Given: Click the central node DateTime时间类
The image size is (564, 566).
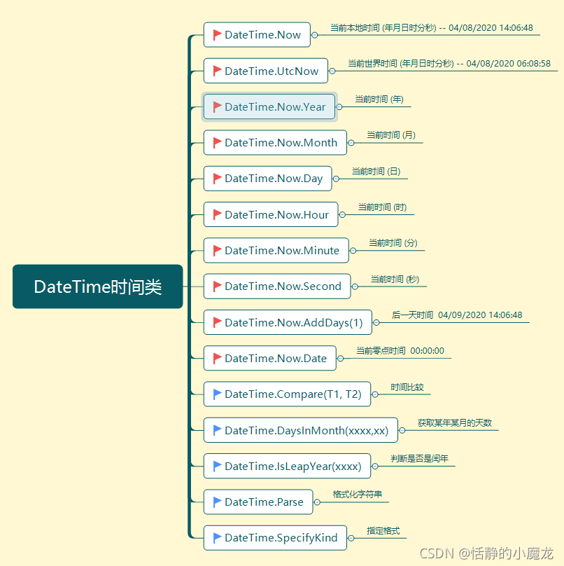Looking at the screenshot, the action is point(97,287).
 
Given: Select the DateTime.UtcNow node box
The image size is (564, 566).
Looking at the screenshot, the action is point(266,71).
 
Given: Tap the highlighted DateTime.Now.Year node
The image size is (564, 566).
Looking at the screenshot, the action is point(270,107).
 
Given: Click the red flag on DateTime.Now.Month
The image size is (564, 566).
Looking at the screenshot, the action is point(217,142).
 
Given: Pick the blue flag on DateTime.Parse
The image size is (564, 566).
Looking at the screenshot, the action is point(217,502).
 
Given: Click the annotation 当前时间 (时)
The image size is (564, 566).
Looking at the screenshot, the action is point(382,207).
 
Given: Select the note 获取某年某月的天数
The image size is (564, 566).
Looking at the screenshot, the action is point(455,422).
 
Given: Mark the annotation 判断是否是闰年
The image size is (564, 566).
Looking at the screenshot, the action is point(420,459).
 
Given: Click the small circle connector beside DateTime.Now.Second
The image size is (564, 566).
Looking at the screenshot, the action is point(355,287).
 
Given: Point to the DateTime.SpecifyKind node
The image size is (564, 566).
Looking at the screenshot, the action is point(275,538).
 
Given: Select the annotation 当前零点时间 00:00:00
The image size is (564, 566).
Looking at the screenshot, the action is point(400,351).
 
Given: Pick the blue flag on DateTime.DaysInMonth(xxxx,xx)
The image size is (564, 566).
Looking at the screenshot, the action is point(217,430).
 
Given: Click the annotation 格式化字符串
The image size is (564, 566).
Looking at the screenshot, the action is point(358,495).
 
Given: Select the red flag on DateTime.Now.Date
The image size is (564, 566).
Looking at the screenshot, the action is point(217,358).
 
